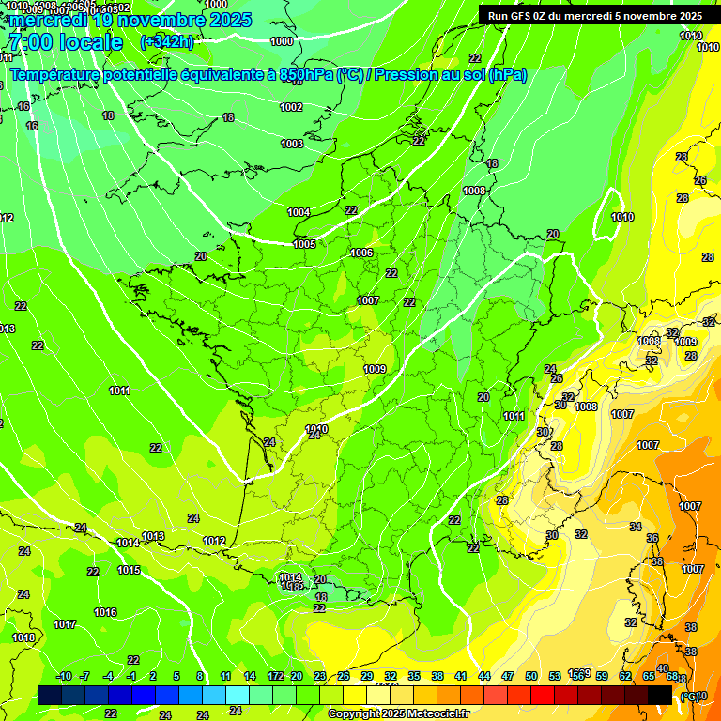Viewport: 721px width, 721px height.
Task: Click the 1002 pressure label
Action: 291,107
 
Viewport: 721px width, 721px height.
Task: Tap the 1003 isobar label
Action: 292,144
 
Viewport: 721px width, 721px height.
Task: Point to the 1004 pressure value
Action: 299,212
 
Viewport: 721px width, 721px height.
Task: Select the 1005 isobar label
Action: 304,244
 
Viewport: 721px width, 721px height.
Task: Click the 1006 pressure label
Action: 361,253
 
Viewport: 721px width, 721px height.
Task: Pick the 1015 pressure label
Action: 129,570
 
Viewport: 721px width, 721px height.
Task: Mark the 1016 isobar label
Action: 105,612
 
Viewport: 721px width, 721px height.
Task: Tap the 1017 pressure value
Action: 65,624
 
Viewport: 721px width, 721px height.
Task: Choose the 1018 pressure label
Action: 23,637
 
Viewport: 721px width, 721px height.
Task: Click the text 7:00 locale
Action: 65,42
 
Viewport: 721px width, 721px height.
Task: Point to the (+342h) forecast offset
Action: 166,42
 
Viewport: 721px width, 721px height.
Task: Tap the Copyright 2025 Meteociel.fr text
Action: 398,713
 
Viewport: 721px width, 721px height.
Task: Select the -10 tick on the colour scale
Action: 64,676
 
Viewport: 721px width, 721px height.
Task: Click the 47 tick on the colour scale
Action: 508,676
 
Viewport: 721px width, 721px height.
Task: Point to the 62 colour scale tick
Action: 625,676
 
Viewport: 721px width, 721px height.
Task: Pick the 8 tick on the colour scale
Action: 200,676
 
